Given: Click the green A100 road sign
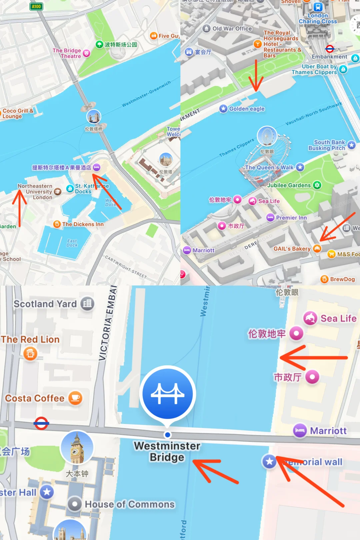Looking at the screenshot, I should tap(36, 6).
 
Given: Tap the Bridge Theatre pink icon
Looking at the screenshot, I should tap(86, 53).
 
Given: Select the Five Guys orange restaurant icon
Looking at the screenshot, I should tap(154, 36).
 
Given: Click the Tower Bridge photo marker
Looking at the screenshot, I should tap(94, 117).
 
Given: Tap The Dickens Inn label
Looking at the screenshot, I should tap(83, 224).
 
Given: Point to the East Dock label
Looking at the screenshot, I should tap(72, 243).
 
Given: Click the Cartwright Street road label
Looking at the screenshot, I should tap(126, 267).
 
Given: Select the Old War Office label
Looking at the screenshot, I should tap(232, 29).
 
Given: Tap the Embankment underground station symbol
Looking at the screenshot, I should tap(330, 49).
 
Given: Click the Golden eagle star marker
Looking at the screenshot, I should tap(223, 109).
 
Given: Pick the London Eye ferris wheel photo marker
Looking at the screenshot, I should tap(267, 136).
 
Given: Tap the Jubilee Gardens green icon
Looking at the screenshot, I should tap(317, 185).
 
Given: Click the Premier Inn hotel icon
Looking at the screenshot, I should tap(270, 217).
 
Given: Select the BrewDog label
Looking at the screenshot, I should tap(342, 279).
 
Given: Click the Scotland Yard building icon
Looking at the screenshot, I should tap(87, 304).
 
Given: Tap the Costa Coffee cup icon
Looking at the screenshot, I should tap(75, 398).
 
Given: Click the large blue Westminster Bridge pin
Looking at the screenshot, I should tap(167, 394).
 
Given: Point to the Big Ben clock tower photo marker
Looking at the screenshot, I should tap(77, 448).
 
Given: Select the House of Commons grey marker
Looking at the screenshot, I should tap(75, 504).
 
